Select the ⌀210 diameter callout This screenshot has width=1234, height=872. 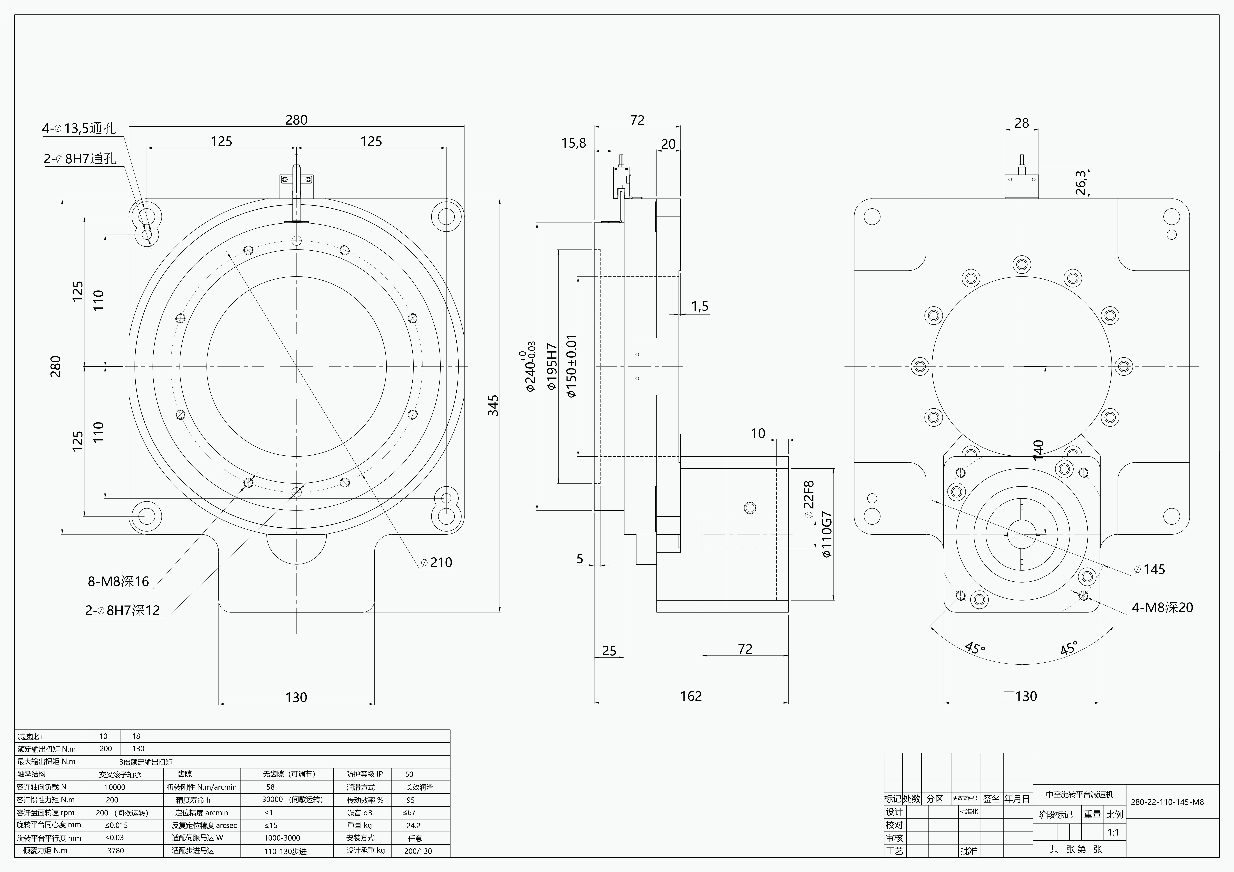[436, 562]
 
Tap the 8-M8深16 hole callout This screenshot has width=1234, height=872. [118, 581]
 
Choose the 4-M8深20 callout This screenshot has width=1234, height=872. [1162, 608]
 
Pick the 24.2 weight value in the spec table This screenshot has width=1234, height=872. [413, 825]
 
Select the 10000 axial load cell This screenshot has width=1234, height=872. [115, 787]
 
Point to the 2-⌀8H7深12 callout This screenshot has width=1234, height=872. [123, 610]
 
